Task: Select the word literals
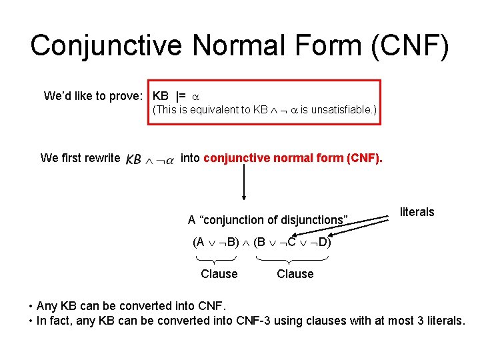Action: [x=417, y=212]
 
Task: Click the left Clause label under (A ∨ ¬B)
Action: [x=219, y=273]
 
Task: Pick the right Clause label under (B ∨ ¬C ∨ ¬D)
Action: [x=295, y=273]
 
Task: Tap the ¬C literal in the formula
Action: [x=290, y=242]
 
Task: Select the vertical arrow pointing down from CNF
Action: [x=243, y=181]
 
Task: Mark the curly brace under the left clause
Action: [x=217, y=259]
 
